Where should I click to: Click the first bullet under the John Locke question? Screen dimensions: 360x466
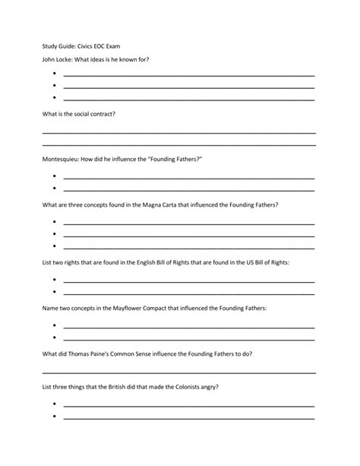point(55,75)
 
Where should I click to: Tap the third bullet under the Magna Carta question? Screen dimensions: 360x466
point(55,246)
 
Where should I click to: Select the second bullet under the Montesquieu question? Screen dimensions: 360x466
point(55,188)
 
